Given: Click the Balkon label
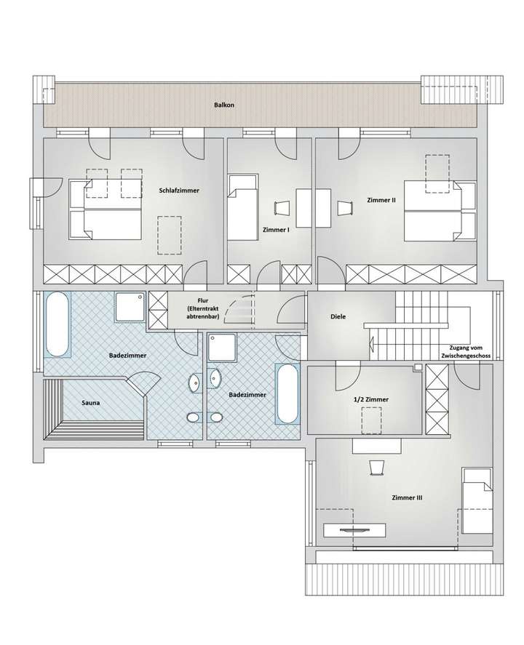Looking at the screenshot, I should tap(224, 105).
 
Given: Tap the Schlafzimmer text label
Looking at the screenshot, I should tap(179, 190).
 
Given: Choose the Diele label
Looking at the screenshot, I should tap(338, 317).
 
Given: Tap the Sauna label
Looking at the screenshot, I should tap(91, 401).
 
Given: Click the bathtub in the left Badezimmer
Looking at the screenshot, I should tap(57, 325).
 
